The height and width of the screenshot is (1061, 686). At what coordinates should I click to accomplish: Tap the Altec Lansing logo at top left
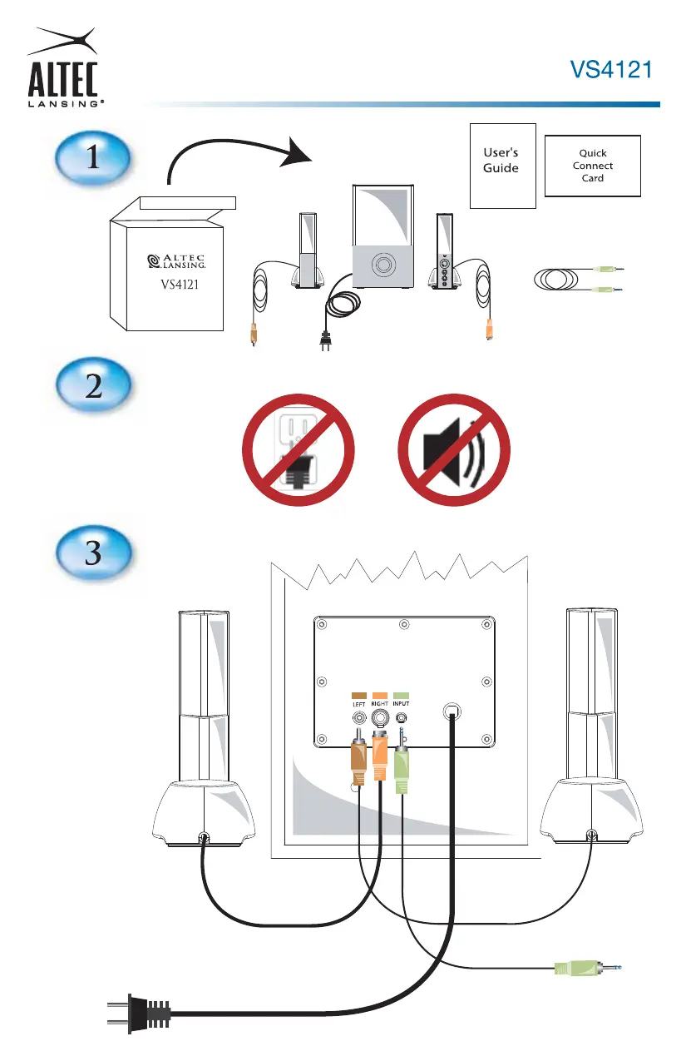click(x=67, y=68)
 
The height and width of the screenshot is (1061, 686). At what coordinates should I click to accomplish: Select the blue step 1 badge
click(x=93, y=159)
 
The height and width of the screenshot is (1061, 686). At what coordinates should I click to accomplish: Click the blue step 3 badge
click(x=93, y=553)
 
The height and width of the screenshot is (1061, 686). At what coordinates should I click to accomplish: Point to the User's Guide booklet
click(x=501, y=165)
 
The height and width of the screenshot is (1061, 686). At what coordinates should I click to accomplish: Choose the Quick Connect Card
click(x=593, y=166)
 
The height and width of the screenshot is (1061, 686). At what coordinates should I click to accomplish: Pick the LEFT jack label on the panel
click(x=359, y=704)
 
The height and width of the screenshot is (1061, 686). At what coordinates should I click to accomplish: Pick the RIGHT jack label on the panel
click(x=381, y=704)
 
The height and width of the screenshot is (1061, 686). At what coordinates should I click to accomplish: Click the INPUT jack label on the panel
click(x=402, y=704)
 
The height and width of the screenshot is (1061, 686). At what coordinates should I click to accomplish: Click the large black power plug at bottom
click(x=141, y=1014)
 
